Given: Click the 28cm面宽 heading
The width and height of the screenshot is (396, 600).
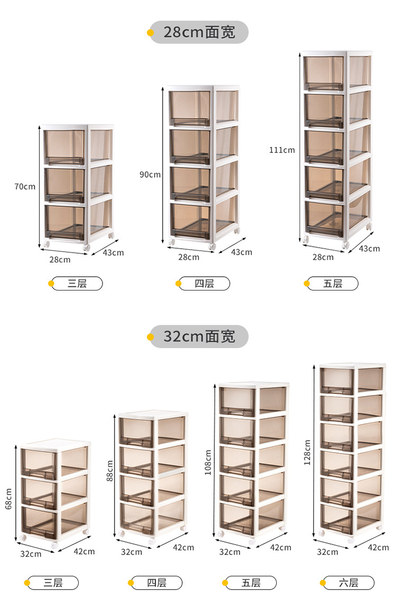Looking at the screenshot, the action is click(199, 32).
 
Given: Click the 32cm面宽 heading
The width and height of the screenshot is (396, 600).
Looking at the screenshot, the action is click(199, 336).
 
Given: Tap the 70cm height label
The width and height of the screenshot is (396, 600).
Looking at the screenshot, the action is click(25, 187).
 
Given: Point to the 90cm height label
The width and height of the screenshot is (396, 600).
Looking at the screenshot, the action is click(150, 175).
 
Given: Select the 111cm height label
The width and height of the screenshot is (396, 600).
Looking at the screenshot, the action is click(282, 150).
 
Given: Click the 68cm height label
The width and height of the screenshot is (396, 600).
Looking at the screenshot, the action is click(8, 499).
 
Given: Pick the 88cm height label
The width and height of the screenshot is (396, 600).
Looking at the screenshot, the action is click(110, 471).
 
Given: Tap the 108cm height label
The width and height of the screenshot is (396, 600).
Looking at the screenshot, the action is click(208, 462).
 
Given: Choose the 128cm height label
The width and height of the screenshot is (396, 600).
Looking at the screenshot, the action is click(307, 452).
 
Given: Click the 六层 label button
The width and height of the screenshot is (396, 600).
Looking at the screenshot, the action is click(348, 583).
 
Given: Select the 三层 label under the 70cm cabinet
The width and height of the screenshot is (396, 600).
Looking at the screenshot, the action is click(77, 284).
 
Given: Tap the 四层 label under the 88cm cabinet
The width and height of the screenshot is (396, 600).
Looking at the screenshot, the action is click(156, 583).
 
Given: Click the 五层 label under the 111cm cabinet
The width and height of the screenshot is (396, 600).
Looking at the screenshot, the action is click(332, 284).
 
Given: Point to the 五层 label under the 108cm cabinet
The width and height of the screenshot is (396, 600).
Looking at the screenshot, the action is click(251, 583).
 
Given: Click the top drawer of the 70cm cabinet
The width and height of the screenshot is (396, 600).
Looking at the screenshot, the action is click(64, 147).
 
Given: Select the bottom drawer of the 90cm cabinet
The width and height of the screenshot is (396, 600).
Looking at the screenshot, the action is click(190, 221).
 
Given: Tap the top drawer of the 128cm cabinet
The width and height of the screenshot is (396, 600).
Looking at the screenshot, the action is click(337, 381).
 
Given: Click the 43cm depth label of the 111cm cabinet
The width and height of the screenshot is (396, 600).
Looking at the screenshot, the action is click(369, 249).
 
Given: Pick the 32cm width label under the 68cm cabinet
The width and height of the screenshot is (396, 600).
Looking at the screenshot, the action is click(31, 554).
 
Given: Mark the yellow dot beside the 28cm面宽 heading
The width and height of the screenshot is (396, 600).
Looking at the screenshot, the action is click(150, 33).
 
